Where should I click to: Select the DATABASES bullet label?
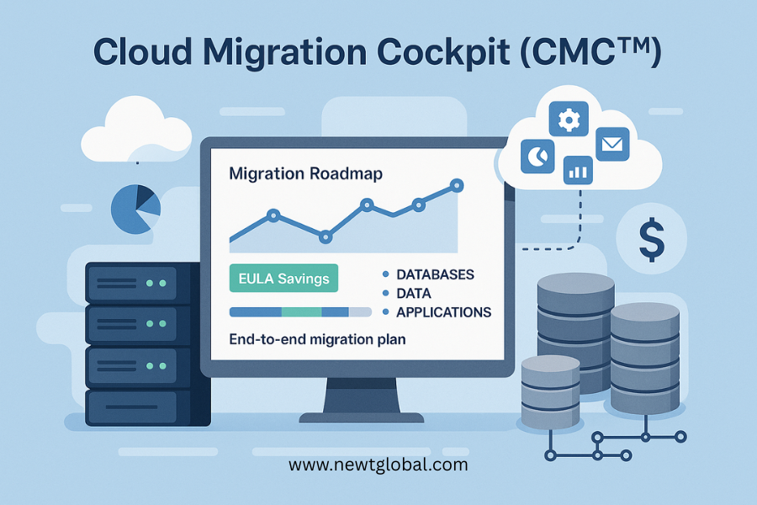click(435, 274)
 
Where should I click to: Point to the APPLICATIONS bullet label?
click(443, 311)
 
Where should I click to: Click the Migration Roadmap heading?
click(305, 174)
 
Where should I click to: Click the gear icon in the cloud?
click(569, 120)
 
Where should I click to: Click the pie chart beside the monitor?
click(135, 208)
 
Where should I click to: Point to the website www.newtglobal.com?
click(378, 464)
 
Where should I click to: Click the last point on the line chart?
click(457, 184)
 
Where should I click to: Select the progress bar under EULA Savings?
click(300, 311)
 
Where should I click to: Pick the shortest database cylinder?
click(551, 391)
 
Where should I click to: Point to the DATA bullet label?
click(413, 293)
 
